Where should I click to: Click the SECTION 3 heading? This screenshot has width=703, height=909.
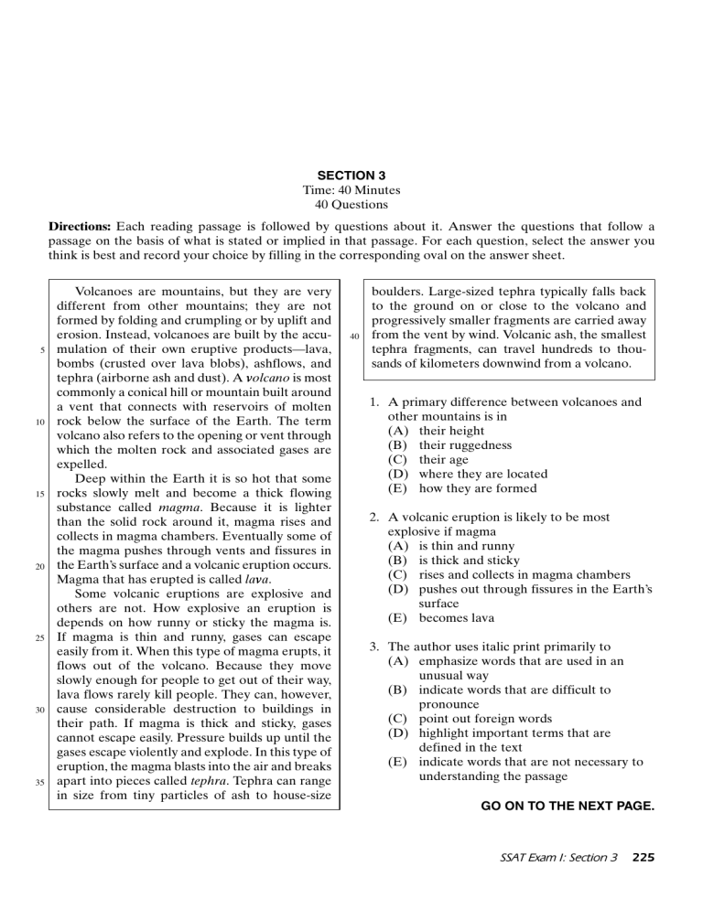point(351,174)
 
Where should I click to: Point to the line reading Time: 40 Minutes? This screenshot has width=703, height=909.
point(351,189)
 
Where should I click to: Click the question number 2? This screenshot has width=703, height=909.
point(374,517)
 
